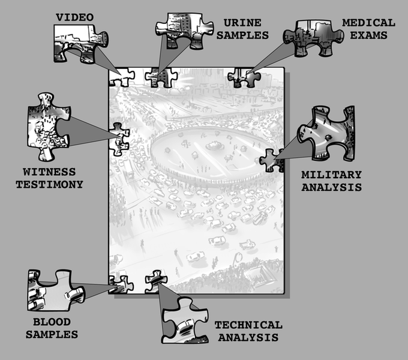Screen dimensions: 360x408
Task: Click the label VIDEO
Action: [74, 17]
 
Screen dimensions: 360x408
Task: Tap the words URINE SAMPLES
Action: [242, 29]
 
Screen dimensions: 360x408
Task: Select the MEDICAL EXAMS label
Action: [368, 28]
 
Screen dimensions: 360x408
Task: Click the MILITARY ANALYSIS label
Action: [331, 181]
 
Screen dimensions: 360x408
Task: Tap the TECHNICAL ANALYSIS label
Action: [248, 331]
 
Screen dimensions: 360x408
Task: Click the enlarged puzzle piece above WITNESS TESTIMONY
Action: [46, 126]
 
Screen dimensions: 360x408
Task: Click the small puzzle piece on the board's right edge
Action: [272, 160]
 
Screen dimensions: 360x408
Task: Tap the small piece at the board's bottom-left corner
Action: [121, 284]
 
